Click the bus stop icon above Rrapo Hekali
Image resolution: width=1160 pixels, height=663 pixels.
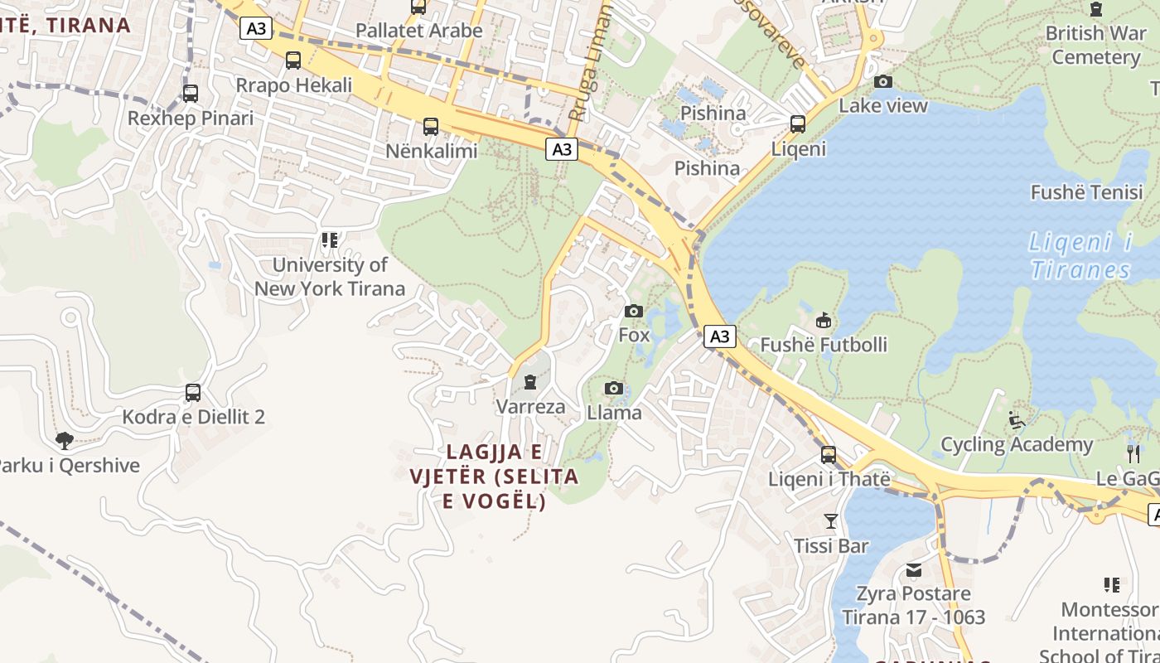tap(293, 60)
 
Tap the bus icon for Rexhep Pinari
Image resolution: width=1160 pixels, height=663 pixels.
tap(191, 94)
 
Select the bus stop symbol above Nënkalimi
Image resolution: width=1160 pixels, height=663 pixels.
tap(431, 127)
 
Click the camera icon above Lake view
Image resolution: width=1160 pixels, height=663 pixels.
tap(883, 81)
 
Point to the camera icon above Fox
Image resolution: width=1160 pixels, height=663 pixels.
tap(634, 311)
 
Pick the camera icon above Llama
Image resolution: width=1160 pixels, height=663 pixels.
tap(614, 388)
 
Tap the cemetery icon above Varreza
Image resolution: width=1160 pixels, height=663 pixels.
tap(530, 382)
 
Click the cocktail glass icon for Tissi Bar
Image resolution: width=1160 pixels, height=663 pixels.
tap(831, 521)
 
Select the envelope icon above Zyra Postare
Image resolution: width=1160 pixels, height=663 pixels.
tap(914, 570)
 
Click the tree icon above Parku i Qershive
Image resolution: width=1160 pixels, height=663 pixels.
tap(65, 440)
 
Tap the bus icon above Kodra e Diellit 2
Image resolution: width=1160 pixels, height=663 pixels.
tap(193, 392)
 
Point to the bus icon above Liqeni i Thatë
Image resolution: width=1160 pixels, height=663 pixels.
tap(829, 455)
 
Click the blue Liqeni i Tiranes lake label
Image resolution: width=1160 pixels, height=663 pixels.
tap(1080, 255)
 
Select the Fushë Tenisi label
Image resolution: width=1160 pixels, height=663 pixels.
tap(1086, 192)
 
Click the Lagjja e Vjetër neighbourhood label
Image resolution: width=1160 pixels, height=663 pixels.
tap(495, 477)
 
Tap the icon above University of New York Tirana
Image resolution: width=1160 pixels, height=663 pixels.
tap(330, 240)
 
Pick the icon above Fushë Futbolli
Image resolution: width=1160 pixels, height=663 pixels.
tap(824, 320)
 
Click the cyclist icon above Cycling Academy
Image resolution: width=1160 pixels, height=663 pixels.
tap(1017, 420)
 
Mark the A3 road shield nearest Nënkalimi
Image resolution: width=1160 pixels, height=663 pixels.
tap(562, 149)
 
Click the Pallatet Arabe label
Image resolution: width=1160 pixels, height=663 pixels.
tap(418, 31)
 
